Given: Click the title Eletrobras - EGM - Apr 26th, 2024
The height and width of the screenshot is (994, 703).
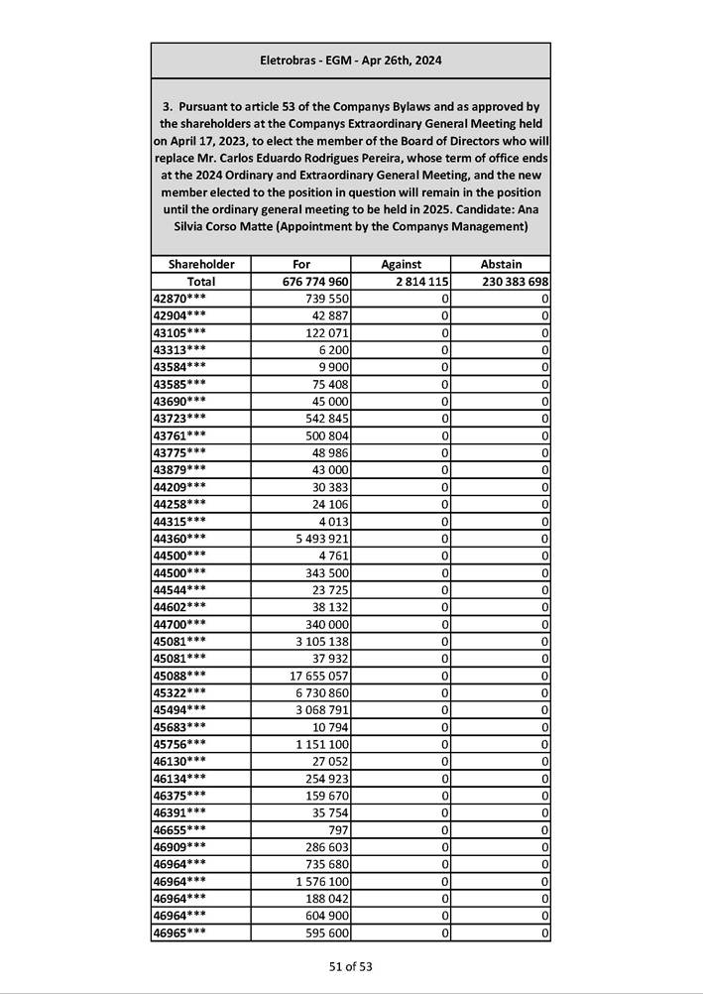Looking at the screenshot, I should click(x=350, y=61).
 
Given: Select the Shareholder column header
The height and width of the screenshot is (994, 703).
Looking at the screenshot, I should click(x=201, y=265).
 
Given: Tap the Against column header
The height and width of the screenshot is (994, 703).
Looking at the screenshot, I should click(x=401, y=265).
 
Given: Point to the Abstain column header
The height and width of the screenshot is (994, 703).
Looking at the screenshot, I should click(x=501, y=265).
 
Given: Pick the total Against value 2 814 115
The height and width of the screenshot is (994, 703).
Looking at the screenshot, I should click(x=414, y=282).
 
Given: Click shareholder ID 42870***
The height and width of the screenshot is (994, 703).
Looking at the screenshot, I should click(x=180, y=299).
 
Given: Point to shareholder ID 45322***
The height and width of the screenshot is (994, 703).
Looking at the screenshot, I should click(x=180, y=692).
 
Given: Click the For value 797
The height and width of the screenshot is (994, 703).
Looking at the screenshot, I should click(x=338, y=829).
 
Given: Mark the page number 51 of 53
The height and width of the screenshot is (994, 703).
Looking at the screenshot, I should click(x=351, y=966).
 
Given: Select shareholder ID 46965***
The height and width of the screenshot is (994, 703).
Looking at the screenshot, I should click(x=180, y=932).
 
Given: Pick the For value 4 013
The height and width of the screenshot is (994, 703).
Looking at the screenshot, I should click(x=333, y=522).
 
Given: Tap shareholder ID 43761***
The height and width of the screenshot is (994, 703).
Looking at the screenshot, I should click(x=180, y=435).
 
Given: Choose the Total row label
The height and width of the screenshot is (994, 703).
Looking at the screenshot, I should click(x=201, y=282).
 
